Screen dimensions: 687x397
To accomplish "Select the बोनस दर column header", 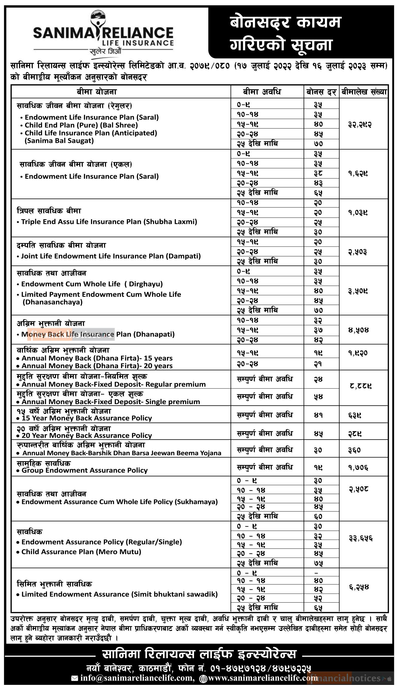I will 321,92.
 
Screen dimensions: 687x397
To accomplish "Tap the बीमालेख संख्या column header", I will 364,92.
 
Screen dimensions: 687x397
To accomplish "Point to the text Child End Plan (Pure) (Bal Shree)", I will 81,125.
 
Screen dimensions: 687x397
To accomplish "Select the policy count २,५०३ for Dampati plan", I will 357,252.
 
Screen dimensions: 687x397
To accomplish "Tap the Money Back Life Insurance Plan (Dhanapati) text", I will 98,334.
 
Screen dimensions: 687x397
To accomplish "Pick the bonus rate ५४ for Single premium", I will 318,396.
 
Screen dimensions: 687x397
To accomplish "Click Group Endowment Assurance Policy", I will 84,470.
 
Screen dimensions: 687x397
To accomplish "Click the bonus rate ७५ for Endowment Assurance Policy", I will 318,563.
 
